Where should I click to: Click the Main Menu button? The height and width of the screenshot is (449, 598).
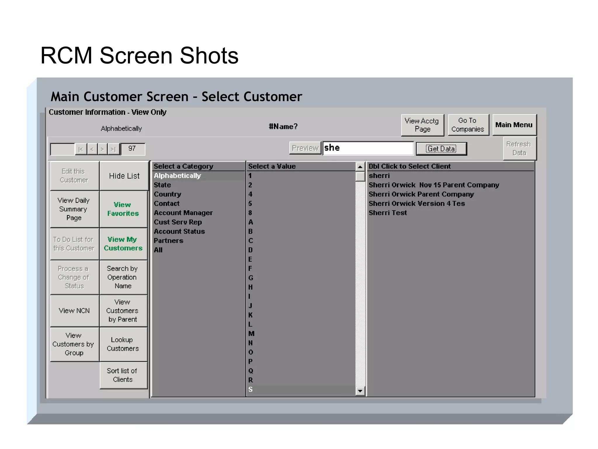point(514,125)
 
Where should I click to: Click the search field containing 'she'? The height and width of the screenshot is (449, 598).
point(368,148)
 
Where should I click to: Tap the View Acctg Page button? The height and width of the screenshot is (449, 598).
point(422,125)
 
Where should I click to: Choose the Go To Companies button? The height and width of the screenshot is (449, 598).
point(468,125)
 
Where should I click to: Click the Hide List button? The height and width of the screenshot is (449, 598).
point(124,176)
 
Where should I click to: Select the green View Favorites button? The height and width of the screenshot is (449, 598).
point(123,209)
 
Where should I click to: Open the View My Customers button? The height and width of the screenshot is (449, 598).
point(123,244)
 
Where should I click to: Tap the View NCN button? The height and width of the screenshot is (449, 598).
point(74,310)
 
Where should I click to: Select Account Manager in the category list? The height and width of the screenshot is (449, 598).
point(183,213)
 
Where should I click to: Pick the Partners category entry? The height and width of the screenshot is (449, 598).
point(168,241)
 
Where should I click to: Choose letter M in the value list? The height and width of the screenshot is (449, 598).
point(251,334)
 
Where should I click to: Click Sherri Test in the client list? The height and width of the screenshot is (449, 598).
point(387,213)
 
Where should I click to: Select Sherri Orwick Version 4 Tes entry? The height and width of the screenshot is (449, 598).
point(416,203)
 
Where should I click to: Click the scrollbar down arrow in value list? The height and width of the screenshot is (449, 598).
point(360,391)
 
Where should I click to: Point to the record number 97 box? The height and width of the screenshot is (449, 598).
point(132,148)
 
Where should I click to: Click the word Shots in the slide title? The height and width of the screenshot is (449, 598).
point(209,56)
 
